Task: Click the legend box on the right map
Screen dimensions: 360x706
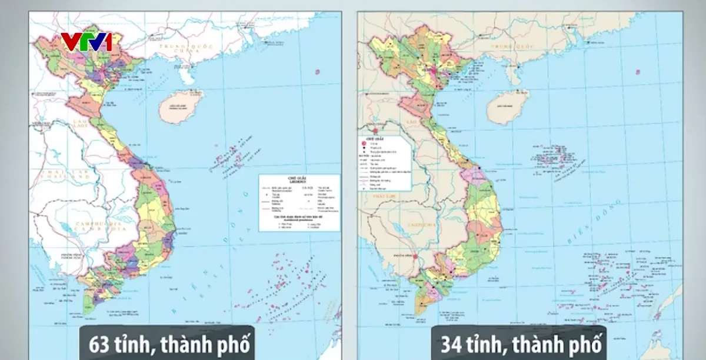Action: pyautogui.click(x=386, y=162)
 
